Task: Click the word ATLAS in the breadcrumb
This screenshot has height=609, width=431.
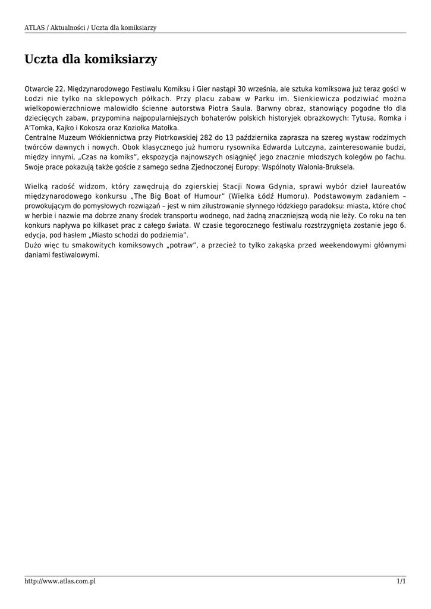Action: point(34,27)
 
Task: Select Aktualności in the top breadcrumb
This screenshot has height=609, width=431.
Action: point(67,27)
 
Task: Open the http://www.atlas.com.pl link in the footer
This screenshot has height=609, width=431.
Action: point(60,581)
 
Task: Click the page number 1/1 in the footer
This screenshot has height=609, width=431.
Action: point(401,581)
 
